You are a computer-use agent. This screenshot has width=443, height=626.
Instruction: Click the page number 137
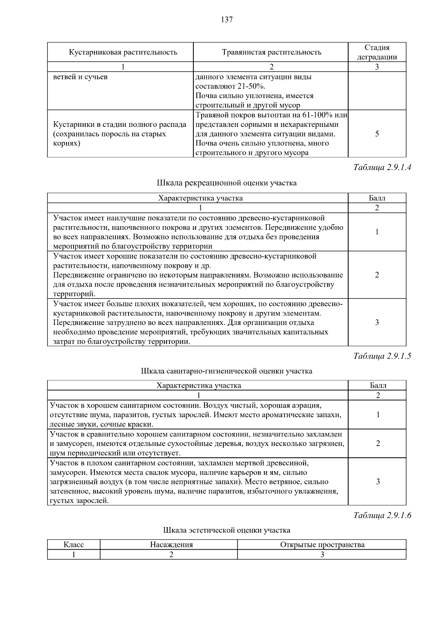tap(227, 20)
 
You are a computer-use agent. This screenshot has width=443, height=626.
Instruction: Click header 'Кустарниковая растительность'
tap(123, 52)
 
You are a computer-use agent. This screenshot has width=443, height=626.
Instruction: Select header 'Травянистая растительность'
tap(271, 52)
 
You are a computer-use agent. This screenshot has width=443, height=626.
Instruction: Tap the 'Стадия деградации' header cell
tap(377, 52)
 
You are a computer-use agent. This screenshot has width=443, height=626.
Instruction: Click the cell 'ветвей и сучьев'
tap(80, 77)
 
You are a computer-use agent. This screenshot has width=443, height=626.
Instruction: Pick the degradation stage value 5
tap(377, 134)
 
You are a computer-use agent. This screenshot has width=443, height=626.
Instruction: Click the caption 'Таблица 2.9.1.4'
tap(382, 167)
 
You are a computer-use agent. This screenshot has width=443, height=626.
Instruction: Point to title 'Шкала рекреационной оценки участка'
tap(227, 183)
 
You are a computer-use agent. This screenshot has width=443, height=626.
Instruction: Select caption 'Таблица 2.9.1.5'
tap(382, 356)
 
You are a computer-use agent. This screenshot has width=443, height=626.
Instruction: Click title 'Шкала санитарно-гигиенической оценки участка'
tap(227, 371)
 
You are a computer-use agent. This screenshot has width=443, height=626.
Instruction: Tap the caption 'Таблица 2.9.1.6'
tap(382, 515)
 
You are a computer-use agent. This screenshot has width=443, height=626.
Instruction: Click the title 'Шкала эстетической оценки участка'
tap(227, 530)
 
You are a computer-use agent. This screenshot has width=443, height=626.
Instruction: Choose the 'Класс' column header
tap(74, 545)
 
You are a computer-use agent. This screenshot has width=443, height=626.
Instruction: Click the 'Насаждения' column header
tap(171, 545)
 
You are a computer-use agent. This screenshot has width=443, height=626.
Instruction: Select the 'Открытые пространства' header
tap(322, 545)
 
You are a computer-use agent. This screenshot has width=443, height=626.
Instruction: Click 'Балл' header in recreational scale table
tap(377, 198)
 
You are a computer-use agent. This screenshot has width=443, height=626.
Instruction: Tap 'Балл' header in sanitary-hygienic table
tap(378, 385)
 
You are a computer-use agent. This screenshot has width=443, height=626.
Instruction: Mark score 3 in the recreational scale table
tap(377, 322)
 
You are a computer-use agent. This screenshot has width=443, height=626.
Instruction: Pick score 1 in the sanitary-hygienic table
tap(378, 415)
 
